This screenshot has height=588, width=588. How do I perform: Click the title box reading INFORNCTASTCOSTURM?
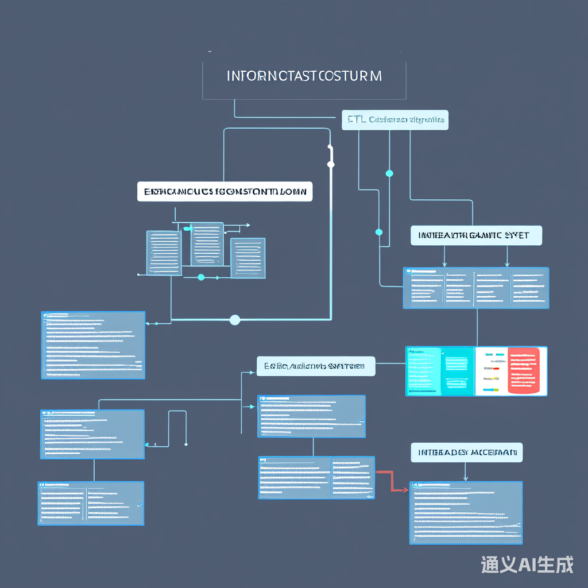[304, 76]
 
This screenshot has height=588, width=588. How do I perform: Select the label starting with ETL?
[394, 120]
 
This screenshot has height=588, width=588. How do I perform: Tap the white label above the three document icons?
[225, 191]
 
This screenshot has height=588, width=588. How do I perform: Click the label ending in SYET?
[476, 235]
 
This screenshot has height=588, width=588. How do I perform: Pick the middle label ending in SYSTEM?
[315, 366]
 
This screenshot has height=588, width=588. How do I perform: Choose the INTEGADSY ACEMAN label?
[466, 452]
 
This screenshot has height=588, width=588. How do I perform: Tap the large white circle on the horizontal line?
[235, 320]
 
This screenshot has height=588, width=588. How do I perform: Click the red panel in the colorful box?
[524, 371]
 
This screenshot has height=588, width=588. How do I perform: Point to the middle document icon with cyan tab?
[207, 244]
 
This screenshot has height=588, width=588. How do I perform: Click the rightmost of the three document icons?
[247, 258]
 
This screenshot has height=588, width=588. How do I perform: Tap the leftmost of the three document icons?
[164, 253]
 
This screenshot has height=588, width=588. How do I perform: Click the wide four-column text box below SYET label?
[475, 288]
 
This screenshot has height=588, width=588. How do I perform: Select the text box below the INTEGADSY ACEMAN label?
[466, 512]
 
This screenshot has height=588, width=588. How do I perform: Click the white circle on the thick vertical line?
[330, 165]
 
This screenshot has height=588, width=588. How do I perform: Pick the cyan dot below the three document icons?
[201, 277]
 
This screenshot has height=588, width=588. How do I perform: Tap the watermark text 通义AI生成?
[527, 565]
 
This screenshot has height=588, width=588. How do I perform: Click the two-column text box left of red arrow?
[316, 477]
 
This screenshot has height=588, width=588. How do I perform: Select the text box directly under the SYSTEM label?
[311, 416]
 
